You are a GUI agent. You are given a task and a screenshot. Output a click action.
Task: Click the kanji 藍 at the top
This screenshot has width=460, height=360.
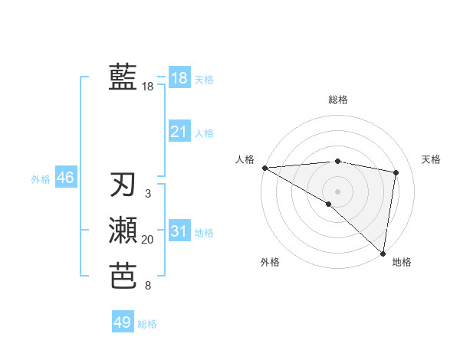pos(123,78)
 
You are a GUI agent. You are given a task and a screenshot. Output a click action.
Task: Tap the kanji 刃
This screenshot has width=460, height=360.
pos(123,185)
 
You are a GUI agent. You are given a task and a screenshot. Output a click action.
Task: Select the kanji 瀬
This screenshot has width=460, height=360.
pos(123,231)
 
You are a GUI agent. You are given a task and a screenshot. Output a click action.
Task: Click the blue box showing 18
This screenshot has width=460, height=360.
pos(179,77)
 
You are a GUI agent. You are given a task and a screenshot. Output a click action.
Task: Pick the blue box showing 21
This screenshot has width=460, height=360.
pos(179,132)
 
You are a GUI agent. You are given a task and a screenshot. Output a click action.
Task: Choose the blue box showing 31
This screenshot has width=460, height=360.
pos(179,231)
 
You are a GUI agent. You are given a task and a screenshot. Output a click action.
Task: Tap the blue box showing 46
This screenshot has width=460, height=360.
pos(65,178)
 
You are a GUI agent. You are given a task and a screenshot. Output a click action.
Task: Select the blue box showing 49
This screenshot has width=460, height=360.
pos(123,322)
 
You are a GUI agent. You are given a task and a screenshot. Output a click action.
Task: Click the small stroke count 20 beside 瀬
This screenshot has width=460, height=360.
pos(148,241)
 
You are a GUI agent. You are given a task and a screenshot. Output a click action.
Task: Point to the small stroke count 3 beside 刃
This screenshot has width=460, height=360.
pos(148,195)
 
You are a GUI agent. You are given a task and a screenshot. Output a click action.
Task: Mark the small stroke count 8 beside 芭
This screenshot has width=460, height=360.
pos(148,286)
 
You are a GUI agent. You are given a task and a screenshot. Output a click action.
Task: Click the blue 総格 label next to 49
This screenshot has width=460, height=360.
pos(147,324)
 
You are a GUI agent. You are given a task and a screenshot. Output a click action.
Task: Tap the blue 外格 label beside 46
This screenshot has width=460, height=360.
pos(41,179)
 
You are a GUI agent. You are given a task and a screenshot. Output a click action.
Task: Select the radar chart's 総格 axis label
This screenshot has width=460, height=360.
pos(338,100)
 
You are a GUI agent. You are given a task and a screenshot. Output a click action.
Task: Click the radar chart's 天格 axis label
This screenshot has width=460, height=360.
pos(432,159)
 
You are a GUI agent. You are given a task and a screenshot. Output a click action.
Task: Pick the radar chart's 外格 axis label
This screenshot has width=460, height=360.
pos(270,262)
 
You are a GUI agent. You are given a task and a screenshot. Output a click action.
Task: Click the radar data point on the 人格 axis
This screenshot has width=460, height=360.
pos(264,168)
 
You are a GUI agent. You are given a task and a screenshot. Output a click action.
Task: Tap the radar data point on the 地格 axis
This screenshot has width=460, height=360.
pos(383,253)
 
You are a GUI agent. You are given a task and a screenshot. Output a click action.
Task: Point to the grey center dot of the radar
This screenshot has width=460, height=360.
pos(337,191)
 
